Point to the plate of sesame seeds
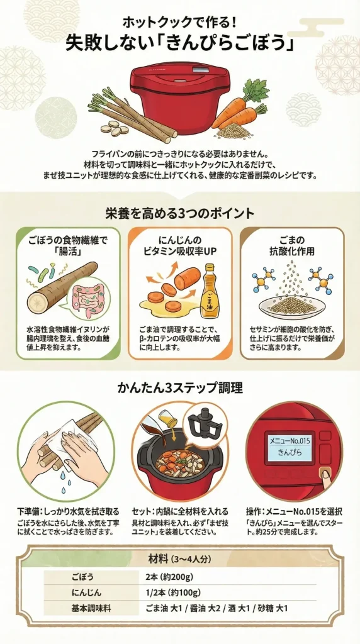292,305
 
